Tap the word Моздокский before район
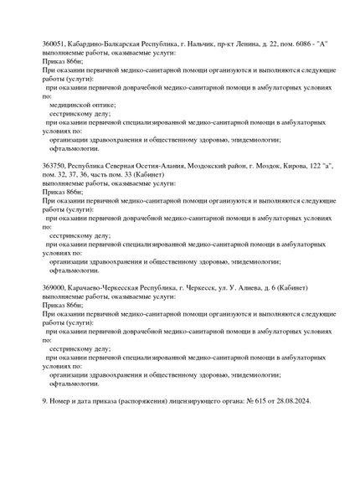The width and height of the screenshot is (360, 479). click(x=218, y=166)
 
